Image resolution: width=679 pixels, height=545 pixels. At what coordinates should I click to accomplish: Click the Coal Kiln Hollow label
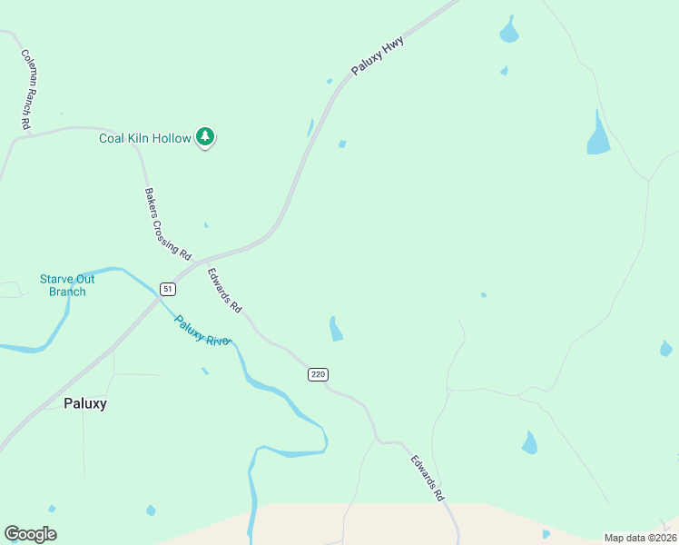(x=144, y=138)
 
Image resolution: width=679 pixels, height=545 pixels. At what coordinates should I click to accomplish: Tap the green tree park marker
(x=206, y=137)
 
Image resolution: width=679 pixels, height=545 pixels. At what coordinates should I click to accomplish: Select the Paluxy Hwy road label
(x=378, y=56)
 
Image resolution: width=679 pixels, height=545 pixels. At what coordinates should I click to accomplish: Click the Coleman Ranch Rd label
(x=26, y=88)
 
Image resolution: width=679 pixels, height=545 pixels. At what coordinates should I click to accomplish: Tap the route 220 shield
(x=317, y=374)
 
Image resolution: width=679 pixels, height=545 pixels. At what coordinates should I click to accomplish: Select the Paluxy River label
(x=203, y=331)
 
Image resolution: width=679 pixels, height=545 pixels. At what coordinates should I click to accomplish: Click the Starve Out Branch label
(x=67, y=285)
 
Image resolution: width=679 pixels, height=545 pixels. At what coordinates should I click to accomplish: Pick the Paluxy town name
(x=84, y=403)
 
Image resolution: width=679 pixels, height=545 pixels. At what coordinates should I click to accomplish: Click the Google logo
(x=30, y=534)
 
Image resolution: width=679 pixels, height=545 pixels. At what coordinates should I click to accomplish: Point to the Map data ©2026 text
(x=640, y=538)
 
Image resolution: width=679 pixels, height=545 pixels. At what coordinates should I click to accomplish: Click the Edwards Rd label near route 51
(x=224, y=290)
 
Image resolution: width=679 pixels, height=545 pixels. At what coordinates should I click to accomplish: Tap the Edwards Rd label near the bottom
(x=427, y=479)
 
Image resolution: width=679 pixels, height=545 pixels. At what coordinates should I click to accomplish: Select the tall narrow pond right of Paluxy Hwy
(x=597, y=134)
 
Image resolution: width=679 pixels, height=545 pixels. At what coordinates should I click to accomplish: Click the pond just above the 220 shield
(x=335, y=329)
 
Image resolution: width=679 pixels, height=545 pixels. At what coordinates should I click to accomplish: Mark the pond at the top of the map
(x=508, y=33)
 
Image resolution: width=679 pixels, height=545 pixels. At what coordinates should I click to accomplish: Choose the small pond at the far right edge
(x=665, y=349)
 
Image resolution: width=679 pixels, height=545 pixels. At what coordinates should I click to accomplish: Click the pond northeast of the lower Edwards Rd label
(x=529, y=443)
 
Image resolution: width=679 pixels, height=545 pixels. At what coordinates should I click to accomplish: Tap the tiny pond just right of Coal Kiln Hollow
(x=342, y=144)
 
